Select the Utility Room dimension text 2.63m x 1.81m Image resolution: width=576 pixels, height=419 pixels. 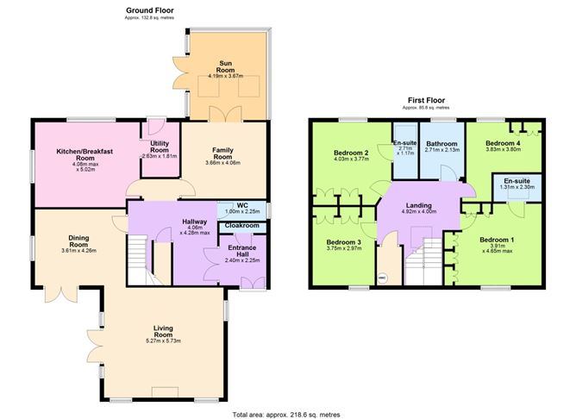pyautogui.click(x=159, y=156)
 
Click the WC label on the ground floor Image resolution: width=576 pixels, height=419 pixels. pyautogui.click(x=230, y=204)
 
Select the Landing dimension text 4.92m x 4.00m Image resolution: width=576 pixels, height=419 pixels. pyautogui.click(x=419, y=211)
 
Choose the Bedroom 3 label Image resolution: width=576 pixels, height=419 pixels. pyautogui.click(x=343, y=243)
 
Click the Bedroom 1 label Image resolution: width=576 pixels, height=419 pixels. pyautogui.click(x=497, y=239)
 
